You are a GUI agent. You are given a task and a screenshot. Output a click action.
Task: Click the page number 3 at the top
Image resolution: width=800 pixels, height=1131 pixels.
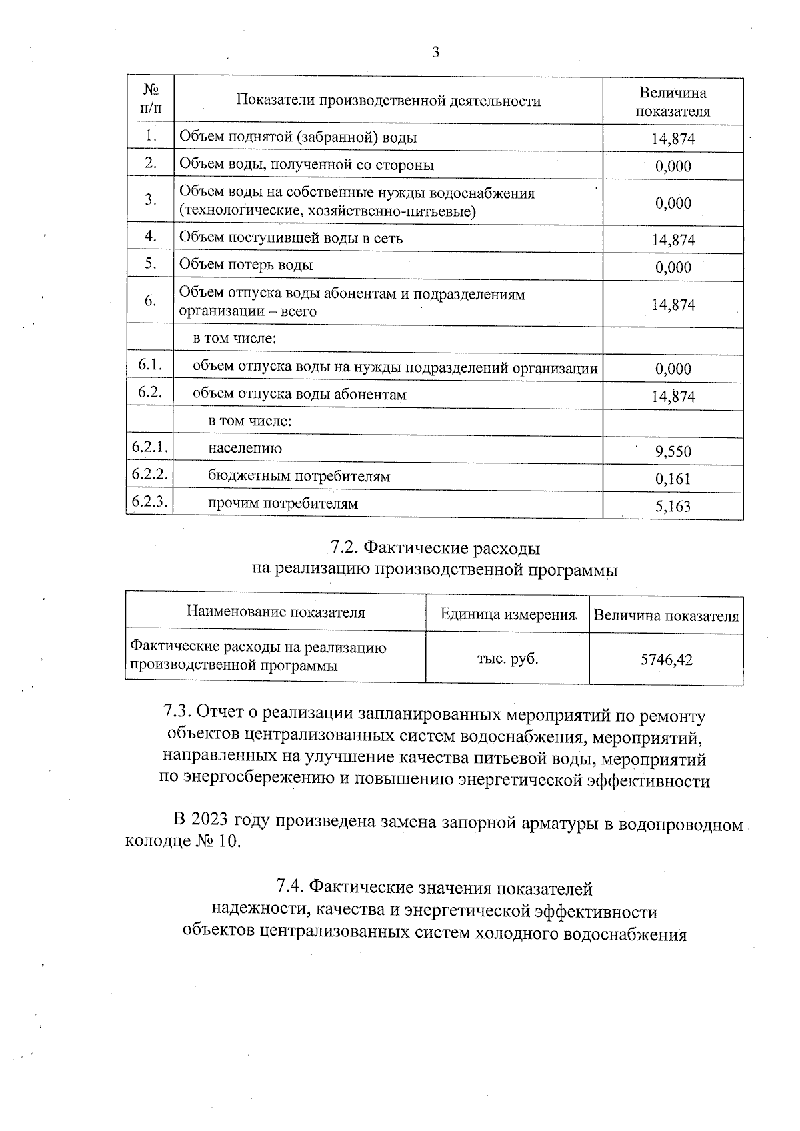435,53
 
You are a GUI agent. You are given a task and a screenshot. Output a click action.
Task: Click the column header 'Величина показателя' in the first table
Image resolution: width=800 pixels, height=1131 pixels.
673,102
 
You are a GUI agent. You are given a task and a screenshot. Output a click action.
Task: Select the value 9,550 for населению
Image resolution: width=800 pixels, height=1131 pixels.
673,452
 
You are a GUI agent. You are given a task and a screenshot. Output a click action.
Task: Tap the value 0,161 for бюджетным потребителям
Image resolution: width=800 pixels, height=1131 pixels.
673,479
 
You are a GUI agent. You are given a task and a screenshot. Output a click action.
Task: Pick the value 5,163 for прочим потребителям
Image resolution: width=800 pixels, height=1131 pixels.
673,507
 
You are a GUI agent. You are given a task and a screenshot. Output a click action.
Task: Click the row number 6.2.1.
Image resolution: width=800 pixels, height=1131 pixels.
149,447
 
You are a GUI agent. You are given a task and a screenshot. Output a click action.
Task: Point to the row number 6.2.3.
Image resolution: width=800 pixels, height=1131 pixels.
149,502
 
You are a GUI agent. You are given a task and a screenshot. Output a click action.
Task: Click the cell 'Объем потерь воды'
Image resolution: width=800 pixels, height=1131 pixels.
246,265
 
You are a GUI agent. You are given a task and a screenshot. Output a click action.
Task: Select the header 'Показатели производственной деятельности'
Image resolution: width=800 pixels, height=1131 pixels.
389,101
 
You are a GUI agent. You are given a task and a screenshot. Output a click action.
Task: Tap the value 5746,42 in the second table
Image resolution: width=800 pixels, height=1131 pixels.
666,660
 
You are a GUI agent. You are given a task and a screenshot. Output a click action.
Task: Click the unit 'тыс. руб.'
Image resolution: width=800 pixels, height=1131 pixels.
507,659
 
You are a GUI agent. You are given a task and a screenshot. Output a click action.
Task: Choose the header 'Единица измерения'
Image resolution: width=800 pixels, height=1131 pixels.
508,613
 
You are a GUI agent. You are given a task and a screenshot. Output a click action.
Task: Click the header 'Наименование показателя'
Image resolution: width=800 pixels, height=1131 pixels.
275,612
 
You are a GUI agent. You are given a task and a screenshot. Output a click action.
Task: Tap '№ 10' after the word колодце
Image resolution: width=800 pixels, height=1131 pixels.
217,842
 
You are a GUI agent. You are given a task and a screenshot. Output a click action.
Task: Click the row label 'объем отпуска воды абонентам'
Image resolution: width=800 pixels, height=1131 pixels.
299,394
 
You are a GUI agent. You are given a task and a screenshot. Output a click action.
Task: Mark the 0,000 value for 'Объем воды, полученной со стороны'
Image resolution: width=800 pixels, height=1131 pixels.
673,166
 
